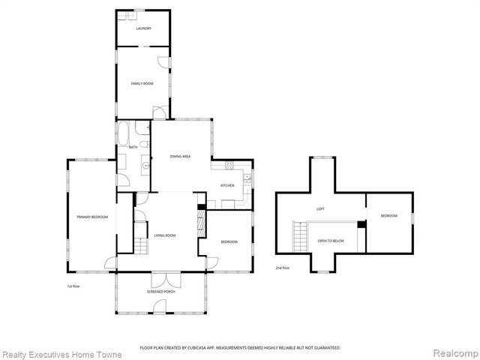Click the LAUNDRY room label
point(144,28)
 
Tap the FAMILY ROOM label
point(142,83)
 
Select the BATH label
point(133,147)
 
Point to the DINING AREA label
point(180,156)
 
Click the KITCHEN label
point(227,185)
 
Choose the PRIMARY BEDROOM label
point(92,217)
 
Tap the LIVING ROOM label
point(165,236)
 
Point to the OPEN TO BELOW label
point(331,241)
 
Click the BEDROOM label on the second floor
point(388,216)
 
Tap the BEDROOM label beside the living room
point(229,241)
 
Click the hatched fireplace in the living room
point(199,223)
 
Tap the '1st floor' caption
point(74,286)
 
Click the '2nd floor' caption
point(282,267)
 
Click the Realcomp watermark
point(454,352)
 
